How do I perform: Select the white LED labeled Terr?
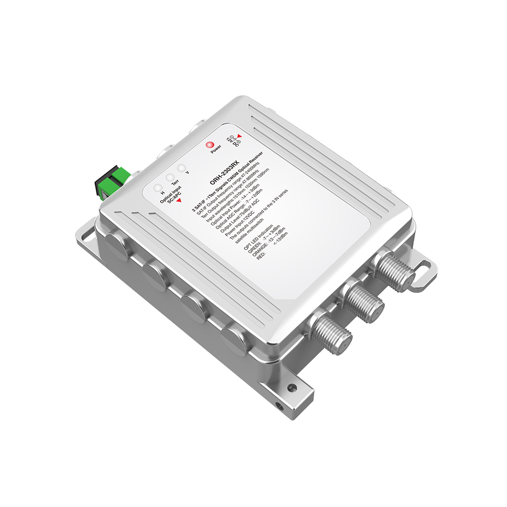point(169,177)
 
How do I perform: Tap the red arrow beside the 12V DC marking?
point(239,136)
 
